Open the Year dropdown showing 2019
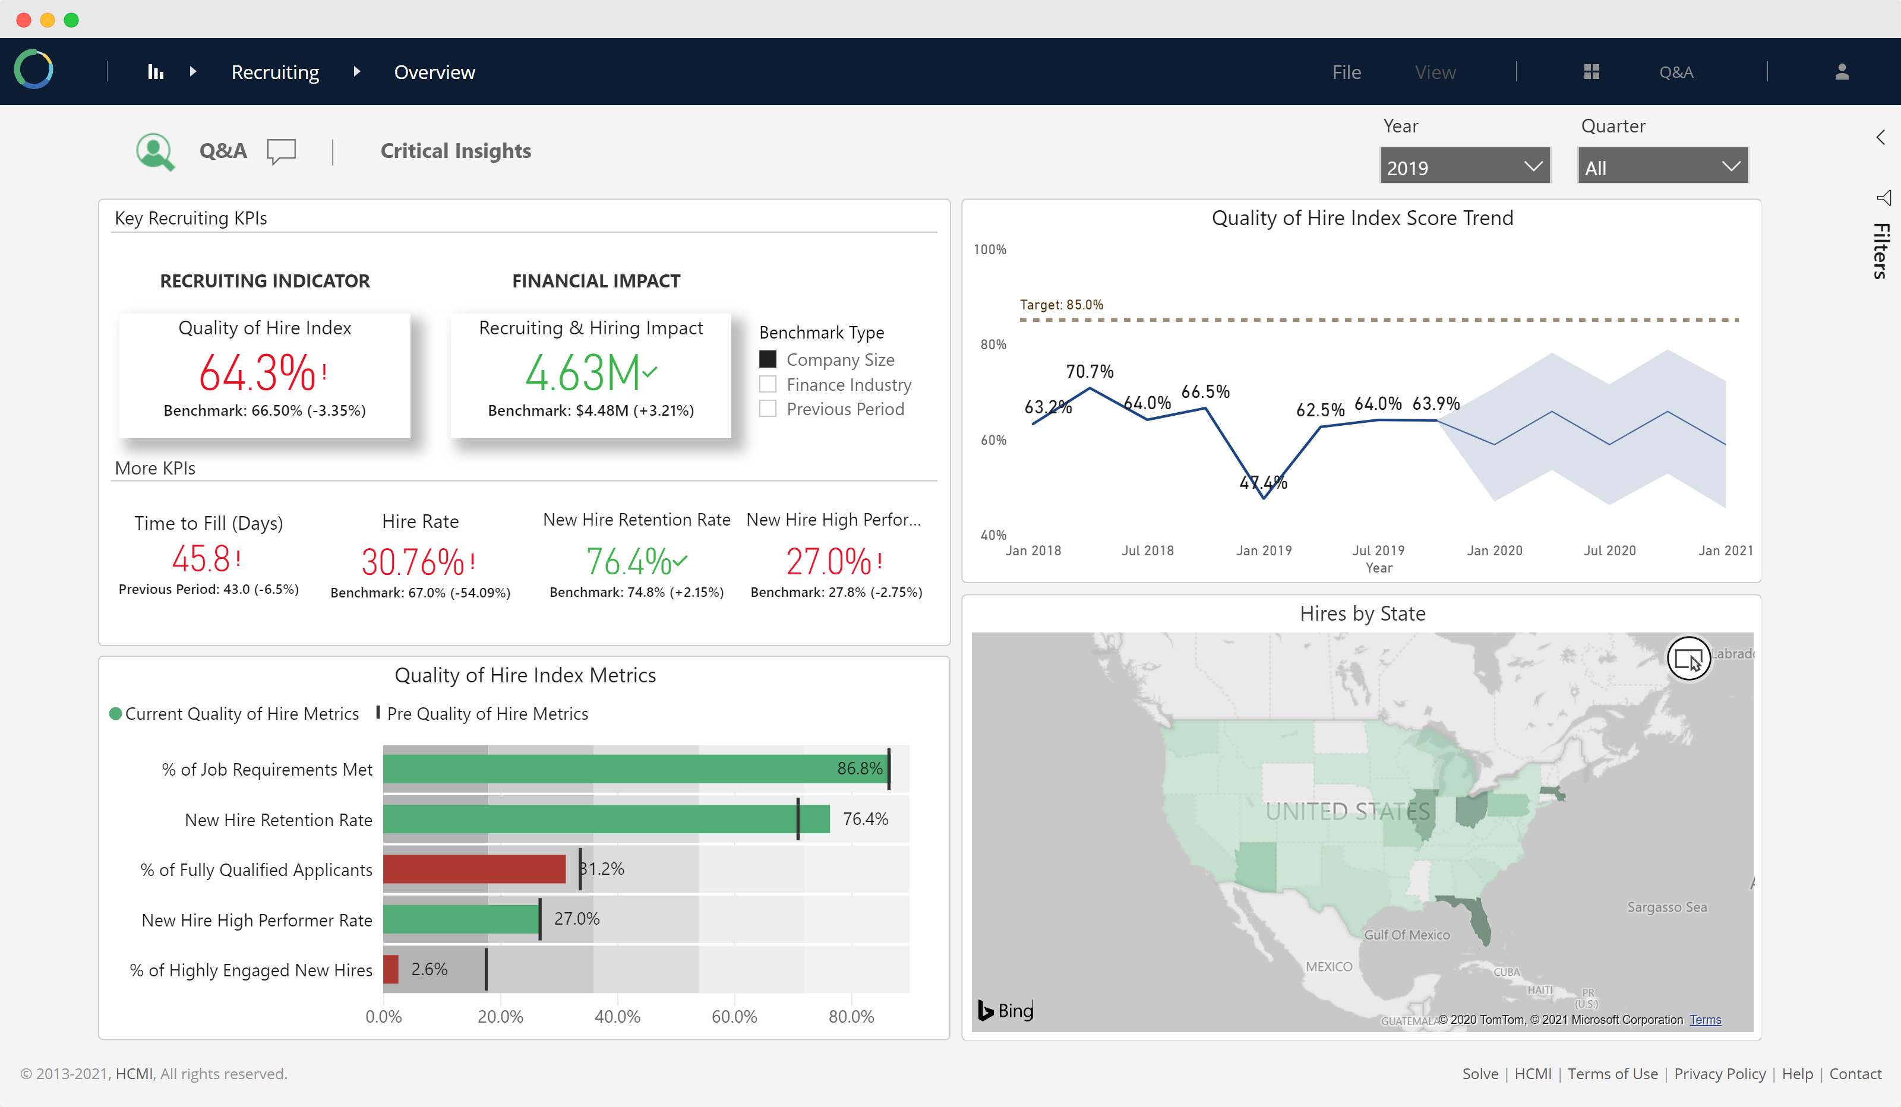point(1464,166)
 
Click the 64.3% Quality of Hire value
point(257,372)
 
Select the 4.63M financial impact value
point(582,372)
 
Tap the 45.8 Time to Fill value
point(201,559)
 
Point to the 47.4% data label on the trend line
point(1264,483)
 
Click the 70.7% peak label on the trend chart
point(1090,371)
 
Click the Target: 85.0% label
point(1062,305)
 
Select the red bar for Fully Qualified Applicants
point(475,869)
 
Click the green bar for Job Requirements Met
point(636,768)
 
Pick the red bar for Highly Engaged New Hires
point(391,969)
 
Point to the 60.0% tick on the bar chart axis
point(734,1017)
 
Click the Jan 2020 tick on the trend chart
point(1495,551)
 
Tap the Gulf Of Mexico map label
point(1407,935)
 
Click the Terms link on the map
point(1705,1020)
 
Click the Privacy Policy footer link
point(1720,1074)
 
